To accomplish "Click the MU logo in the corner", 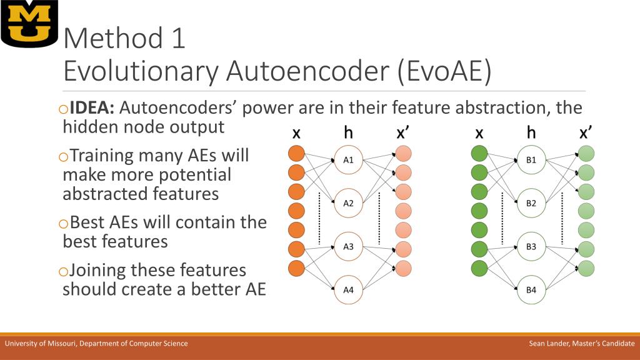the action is pos(29,24).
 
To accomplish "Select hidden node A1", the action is pos(349,160).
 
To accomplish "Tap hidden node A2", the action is pos(349,202).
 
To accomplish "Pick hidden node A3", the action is pos(349,246).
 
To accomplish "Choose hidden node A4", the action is pos(349,289).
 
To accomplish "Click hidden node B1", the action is pos(531,160).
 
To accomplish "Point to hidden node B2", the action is pos(531,202).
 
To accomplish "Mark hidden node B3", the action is pos(531,246).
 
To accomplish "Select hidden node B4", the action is pos(531,289).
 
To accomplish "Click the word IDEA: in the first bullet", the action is pos(92,108).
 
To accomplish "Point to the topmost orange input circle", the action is pos(296,154).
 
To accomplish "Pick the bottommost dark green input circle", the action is pos(479,269).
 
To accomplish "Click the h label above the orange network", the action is pos(349,132).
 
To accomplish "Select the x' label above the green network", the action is pos(586,132).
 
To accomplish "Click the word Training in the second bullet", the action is pos(102,155).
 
